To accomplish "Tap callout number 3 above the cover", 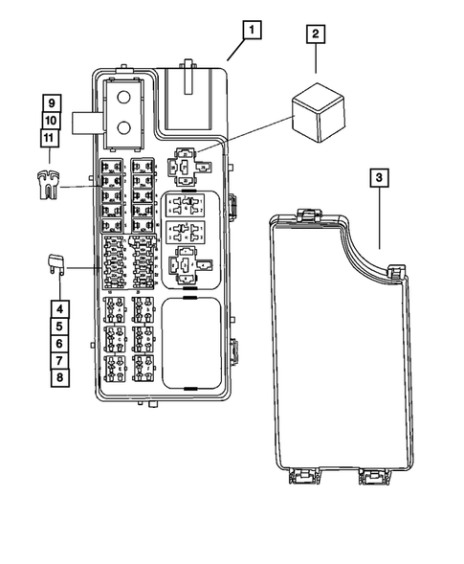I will (380, 178).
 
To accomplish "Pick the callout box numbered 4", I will (59, 309).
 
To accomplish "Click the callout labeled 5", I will (59, 327).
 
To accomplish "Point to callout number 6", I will (59, 343).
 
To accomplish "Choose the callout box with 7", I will (59, 360).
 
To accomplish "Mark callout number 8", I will (59, 377).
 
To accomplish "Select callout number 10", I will (51, 121).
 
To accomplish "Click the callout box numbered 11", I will (51, 138).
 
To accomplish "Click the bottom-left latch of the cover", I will (300, 475).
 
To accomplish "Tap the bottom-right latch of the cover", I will (373, 476).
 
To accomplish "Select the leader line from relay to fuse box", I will (249, 135).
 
